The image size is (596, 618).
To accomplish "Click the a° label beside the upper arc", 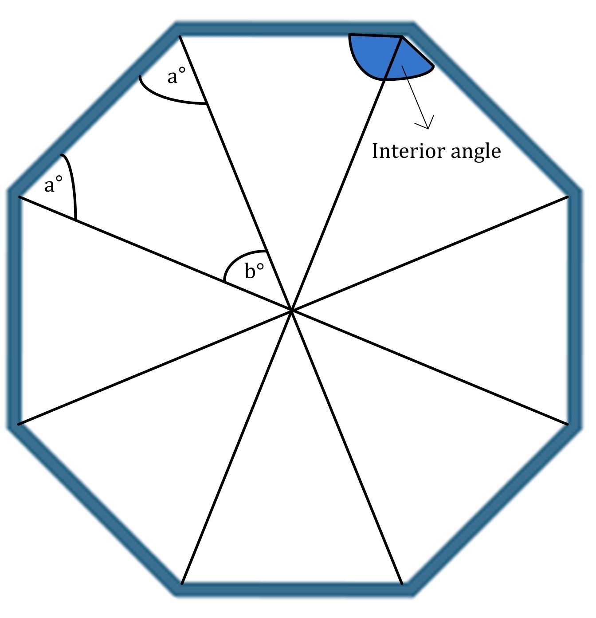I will tap(176, 77).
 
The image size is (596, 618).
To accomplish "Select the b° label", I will tap(254, 271).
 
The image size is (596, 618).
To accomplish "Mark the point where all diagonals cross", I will tap(291, 310).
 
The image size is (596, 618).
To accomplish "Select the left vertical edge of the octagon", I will tap(13, 309).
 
